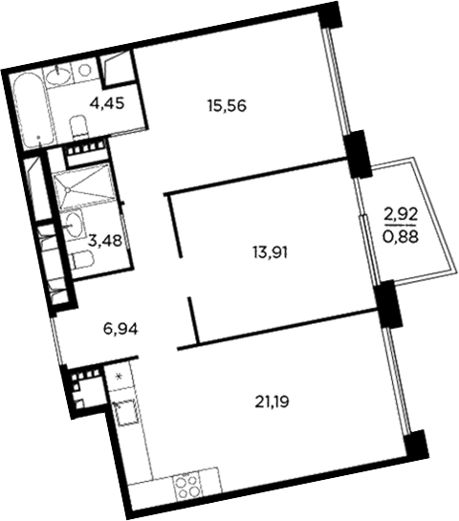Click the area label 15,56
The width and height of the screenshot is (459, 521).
click(x=227, y=106)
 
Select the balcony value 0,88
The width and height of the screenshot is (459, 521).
click(x=402, y=235)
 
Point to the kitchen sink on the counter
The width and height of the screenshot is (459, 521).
click(x=124, y=412)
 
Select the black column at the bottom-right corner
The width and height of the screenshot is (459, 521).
click(x=414, y=444)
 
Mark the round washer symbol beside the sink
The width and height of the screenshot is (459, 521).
click(x=83, y=69)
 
